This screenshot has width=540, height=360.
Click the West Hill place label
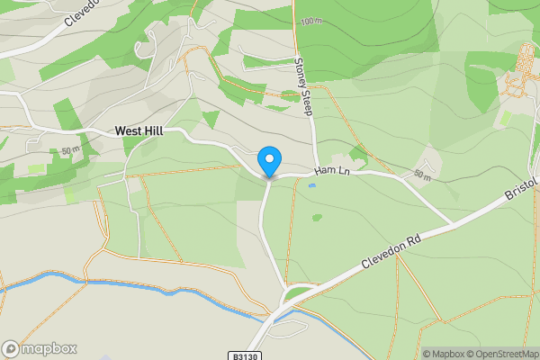click(x=139, y=131)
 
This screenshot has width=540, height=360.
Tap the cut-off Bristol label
click(x=521, y=189)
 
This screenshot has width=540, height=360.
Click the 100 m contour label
click(x=311, y=21)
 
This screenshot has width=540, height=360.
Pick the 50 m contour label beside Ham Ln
click(x=423, y=174)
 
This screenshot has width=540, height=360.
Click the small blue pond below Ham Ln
click(x=311, y=186)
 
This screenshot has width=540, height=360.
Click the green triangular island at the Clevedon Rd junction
click(x=297, y=292)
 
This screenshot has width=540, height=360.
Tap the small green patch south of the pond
click(x=317, y=217)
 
